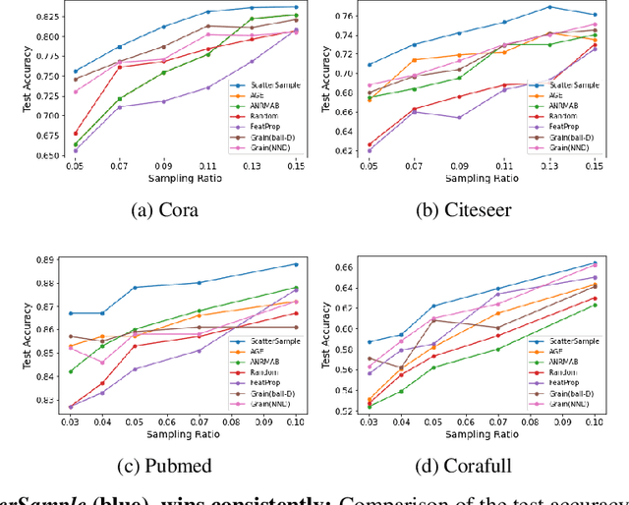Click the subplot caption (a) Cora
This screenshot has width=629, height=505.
pyautogui.click(x=166, y=208)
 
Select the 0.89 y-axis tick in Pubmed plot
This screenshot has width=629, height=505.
pyautogui.click(x=49, y=259)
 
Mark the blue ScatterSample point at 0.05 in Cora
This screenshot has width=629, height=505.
pyautogui.click(x=75, y=71)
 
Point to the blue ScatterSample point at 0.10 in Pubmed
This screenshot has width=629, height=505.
pyautogui.click(x=296, y=263)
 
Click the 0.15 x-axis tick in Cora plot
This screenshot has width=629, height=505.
pyautogui.click(x=296, y=168)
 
